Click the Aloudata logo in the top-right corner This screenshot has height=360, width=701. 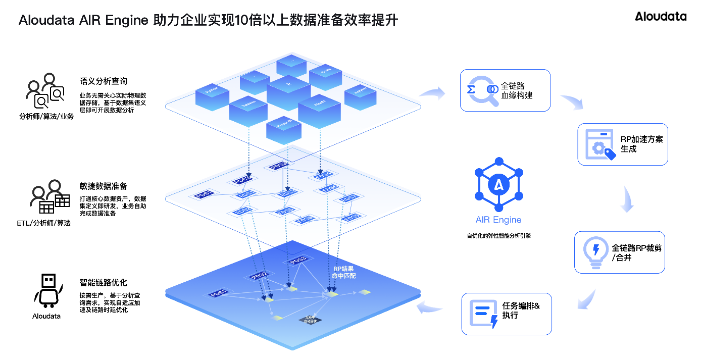pos(661,16)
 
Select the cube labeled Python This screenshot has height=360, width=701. pos(213,93)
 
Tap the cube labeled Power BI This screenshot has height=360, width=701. pos(283,128)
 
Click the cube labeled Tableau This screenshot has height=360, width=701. pos(248,108)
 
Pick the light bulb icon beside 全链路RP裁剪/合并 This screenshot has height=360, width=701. pos(595,252)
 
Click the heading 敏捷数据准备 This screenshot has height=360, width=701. pos(103,186)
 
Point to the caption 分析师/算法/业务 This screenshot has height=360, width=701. pos(46,117)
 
